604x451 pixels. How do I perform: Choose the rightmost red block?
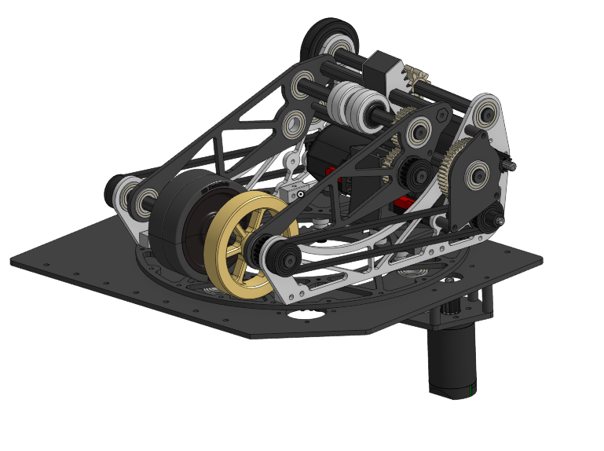click(404, 203)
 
